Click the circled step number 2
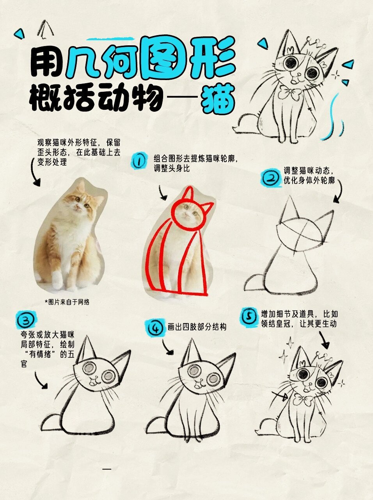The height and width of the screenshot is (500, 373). pyautogui.click(x=270, y=179)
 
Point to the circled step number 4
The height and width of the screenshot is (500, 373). pyautogui.click(x=155, y=327)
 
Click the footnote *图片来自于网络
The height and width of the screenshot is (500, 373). pyautogui.click(x=67, y=302)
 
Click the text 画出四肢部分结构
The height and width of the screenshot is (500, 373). pyautogui.click(x=197, y=327)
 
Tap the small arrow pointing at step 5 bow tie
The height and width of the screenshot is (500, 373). pyautogui.click(x=281, y=396)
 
